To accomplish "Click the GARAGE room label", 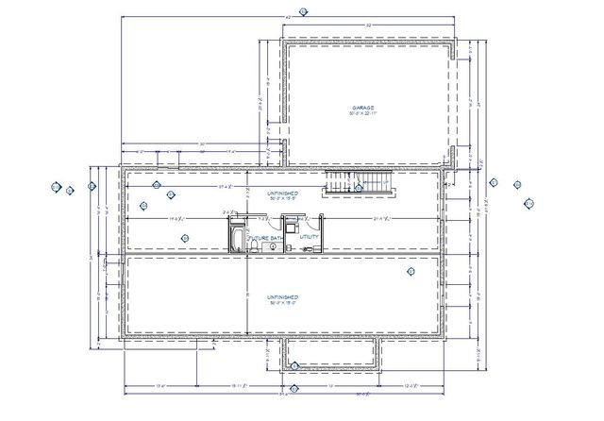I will pyautogui.click(x=364, y=108).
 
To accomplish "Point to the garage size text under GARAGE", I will pyautogui.click(x=364, y=114).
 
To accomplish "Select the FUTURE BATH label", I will pyautogui.click(x=266, y=238).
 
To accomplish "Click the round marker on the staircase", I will pyautogui.click(x=358, y=188).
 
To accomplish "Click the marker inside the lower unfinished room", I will pyautogui.click(x=411, y=272).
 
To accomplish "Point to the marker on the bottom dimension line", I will pyautogui.click(x=294, y=388).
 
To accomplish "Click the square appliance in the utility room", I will pyautogui.click(x=293, y=227).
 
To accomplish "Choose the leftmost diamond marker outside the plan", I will pyautogui.click(x=57, y=188).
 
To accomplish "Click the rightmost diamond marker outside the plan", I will pyautogui.click(x=528, y=201).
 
